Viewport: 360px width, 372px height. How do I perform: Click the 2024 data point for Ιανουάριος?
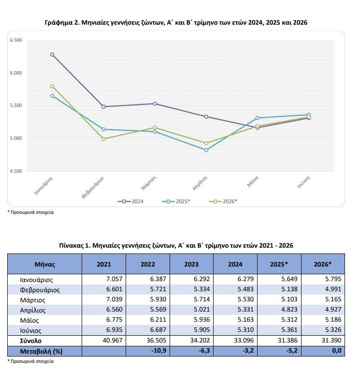click(52, 55)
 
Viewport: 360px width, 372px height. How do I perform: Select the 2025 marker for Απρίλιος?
click(206, 150)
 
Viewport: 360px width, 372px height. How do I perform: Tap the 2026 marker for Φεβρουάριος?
click(103, 139)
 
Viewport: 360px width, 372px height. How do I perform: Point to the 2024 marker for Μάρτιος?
click(155, 104)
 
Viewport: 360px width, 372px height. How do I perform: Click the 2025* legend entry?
click(176, 201)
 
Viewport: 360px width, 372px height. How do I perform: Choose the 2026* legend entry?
click(223, 201)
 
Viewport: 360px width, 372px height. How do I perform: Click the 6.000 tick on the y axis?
click(16, 73)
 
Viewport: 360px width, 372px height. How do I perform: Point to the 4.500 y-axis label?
click(16, 171)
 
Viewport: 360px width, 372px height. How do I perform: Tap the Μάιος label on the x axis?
click(253, 181)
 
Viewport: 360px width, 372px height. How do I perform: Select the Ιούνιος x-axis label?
click(303, 182)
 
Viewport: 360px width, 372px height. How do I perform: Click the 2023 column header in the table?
click(191, 264)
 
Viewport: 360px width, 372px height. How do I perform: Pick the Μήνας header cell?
click(45, 264)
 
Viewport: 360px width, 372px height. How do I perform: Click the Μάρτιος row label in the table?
click(32, 300)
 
